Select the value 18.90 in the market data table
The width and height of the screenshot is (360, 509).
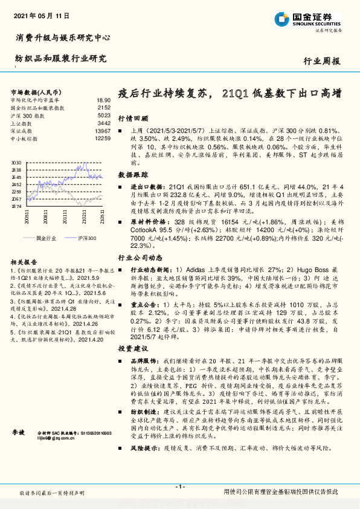point(103,100)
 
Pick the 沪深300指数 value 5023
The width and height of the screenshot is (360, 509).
point(103,115)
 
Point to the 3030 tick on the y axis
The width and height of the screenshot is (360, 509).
point(16,163)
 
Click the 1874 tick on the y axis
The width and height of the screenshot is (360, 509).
point(16,206)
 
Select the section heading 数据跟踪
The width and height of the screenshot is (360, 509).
point(130,174)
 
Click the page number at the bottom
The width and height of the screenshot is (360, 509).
point(179,487)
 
